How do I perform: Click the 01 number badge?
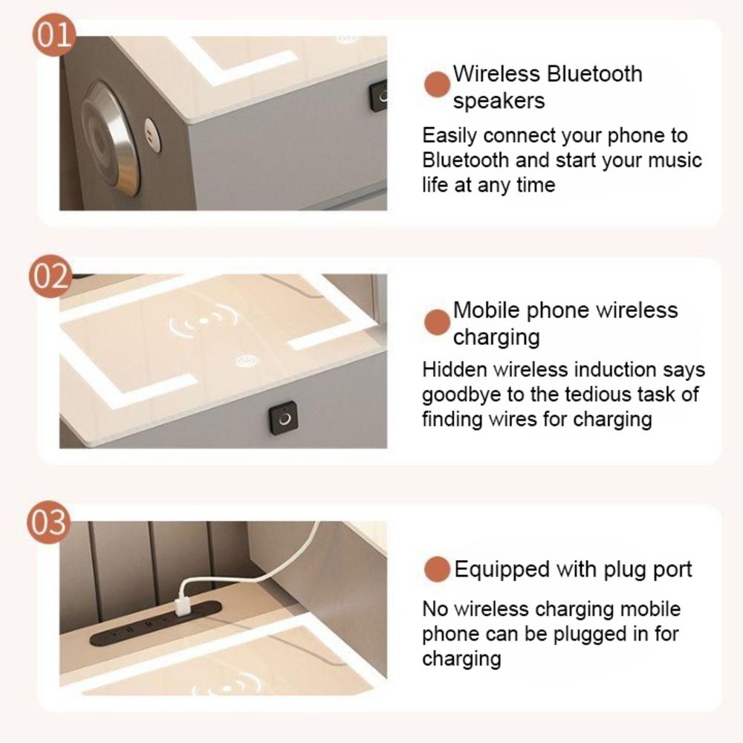54,35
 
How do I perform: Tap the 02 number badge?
51,276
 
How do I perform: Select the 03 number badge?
48,522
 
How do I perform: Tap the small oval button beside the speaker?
152,134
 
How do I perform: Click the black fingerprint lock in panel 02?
283,419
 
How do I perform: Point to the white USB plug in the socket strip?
183,608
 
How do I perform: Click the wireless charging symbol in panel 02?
204,321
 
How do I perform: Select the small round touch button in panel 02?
247,362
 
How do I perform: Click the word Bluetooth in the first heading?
594,74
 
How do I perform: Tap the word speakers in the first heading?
499,101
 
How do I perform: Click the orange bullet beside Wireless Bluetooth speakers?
436,85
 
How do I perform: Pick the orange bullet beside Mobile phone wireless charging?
436,322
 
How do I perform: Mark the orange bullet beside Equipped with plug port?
436,569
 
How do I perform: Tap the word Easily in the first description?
450,137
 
